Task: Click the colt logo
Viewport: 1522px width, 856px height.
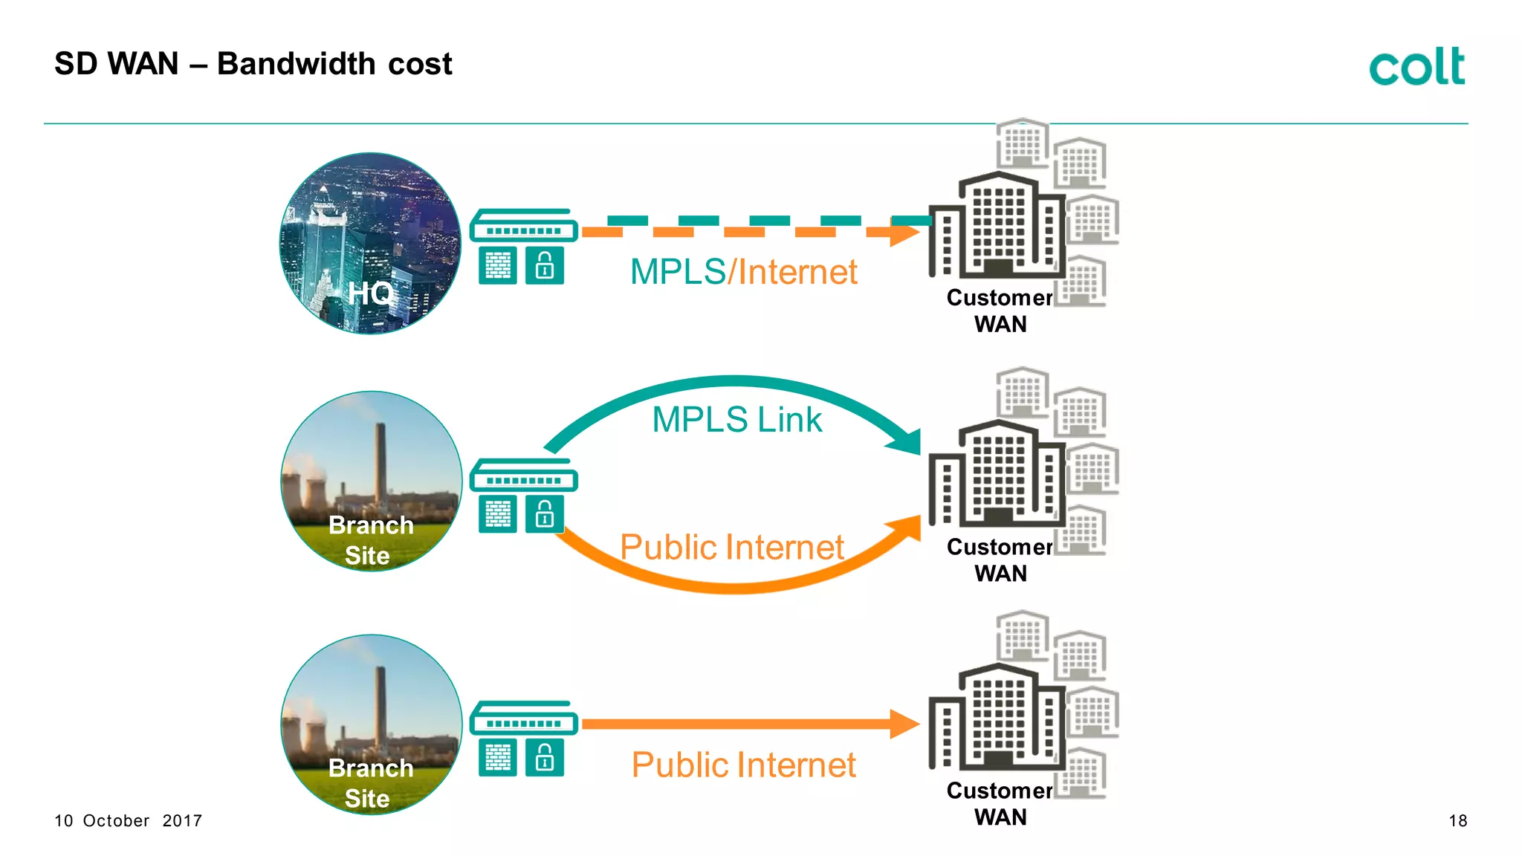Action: tap(1416, 66)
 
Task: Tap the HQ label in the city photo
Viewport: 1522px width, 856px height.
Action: tap(371, 293)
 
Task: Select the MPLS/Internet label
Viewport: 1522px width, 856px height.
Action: tap(743, 272)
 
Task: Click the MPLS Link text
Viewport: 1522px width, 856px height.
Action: tap(736, 419)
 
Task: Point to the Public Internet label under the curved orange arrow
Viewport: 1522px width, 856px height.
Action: tap(731, 548)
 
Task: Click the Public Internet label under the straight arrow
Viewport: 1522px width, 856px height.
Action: tap(743, 765)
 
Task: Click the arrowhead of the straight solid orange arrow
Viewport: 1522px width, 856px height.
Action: tap(904, 724)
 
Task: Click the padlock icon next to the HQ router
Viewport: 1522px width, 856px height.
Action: tap(545, 266)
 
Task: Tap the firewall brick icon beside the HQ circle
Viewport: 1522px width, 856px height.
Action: tap(498, 266)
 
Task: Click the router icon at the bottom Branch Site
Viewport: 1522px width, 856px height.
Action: tap(524, 719)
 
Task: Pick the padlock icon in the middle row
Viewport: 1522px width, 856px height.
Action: tap(545, 514)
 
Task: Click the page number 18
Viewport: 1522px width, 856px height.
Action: tap(1457, 821)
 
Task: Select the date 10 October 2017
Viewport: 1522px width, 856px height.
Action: tap(128, 821)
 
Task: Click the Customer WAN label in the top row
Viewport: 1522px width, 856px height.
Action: tap(1000, 311)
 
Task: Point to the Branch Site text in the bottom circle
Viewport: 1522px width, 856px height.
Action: tap(370, 783)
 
